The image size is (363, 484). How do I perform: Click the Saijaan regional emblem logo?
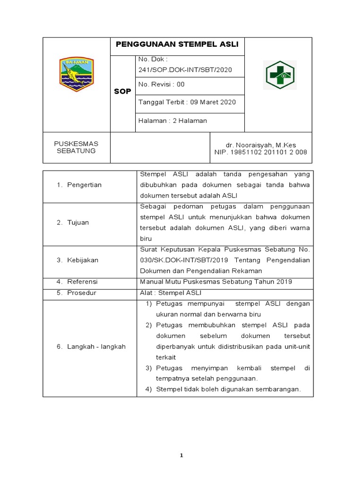[x=77, y=74]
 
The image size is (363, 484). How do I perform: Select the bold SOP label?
[x=122, y=91]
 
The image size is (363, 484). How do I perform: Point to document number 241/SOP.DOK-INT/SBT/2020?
[x=185, y=69]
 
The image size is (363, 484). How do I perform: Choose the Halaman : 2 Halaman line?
[x=173, y=121]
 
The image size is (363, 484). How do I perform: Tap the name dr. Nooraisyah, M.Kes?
[x=261, y=145]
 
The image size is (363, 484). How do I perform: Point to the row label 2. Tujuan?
[x=73, y=222]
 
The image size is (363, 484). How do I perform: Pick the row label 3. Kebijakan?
[x=78, y=260]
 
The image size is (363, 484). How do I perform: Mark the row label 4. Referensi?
[x=77, y=282]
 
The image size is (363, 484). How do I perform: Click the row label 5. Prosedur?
[x=76, y=293]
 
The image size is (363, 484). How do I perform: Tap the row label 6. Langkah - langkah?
[x=91, y=346]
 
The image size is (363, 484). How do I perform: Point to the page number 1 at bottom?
[x=181, y=456]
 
